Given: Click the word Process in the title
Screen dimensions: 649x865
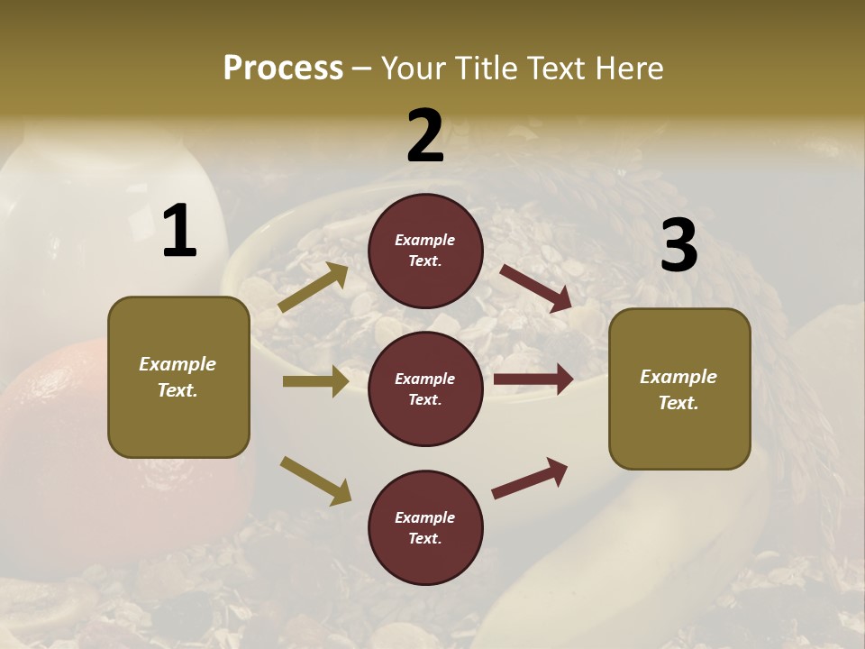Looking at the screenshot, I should tap(283, 69).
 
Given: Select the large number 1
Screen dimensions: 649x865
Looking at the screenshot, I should tap(179, 232).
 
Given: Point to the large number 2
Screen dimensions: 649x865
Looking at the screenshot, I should tap(425, 136).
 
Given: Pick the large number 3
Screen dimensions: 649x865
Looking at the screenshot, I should tap(679, 245).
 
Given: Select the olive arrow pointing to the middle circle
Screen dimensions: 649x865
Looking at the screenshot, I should tap(315, 381).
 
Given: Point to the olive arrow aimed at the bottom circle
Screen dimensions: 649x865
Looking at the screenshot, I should tap(316, 480).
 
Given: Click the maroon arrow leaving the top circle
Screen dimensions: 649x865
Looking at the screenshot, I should tap(536, 288).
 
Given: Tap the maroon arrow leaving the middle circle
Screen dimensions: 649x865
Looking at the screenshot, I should tap(533, 379).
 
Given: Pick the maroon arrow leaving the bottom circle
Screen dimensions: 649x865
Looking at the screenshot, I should tap(530, 478).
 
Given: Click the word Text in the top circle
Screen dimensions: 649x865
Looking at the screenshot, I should tap(425, 261).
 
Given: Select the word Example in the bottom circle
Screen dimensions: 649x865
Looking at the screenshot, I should tap(425, 517).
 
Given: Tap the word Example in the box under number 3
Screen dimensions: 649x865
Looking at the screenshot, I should tap(678, 377).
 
